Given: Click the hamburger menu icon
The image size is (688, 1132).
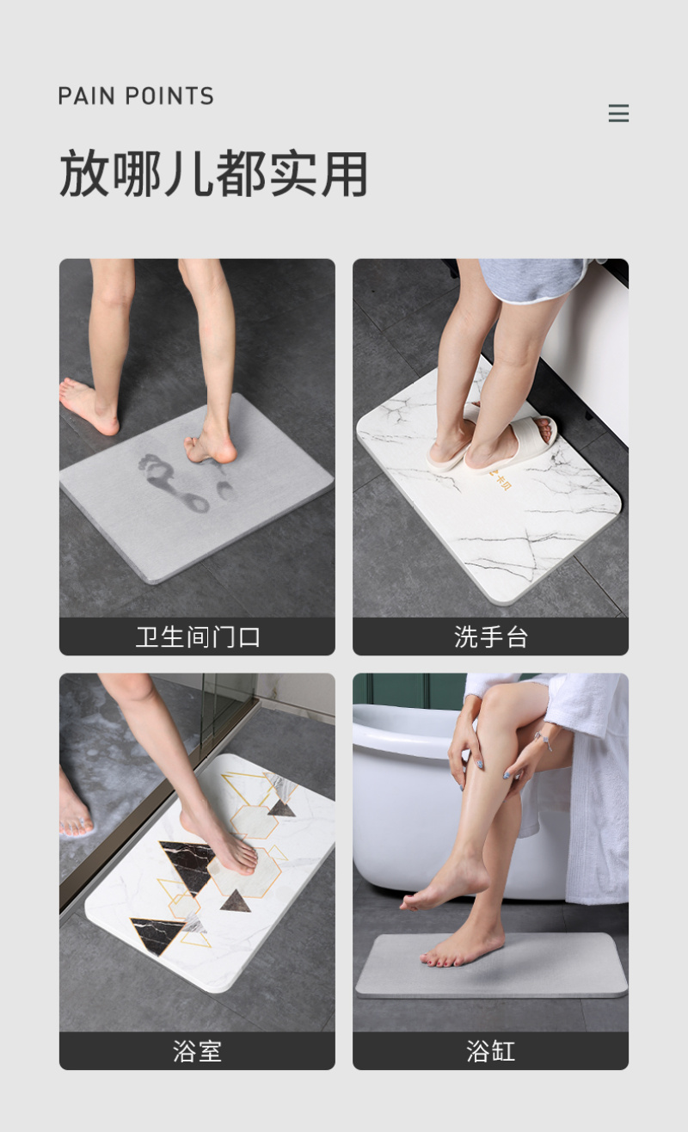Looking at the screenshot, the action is pyautogui.click(x=618, y=114).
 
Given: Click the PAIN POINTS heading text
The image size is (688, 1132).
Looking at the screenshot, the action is pyautogui.click(x=136, y=96).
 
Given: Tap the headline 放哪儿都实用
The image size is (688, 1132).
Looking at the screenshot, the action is pyautogui.click(x=213, y=174).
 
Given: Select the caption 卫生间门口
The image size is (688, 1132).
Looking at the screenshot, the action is pyautogui.click(x=198, y=637).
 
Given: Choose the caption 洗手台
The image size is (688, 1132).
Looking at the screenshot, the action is pyautogui.click(x=490, y=637).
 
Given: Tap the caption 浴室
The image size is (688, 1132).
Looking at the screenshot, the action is pyautogui.click(x=198, y=1051).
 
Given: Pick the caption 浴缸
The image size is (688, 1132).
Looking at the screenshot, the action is pyautogui.click(x=490, y=1051).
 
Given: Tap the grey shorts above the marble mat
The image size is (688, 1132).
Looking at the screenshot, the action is pyautogui.click(x=533, y=280).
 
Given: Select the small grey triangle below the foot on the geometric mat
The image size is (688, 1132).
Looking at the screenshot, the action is pyautogui.click(x=236, y=901).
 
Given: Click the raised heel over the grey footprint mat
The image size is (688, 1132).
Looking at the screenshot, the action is pyautogui.click(x=212, y=446).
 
